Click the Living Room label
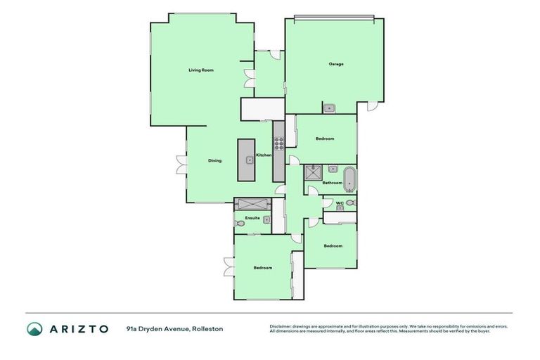click(200, 70)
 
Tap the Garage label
click(336, 64)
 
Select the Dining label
click(214, 160)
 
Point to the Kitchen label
click(263, 155)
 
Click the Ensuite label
click(252, 218)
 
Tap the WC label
click(339, 204)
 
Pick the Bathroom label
click(332, 183)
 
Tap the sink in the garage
click(329, 108)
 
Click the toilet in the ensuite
click(241, 224)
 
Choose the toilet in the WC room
click(350, 203)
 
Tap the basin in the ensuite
click(266, 219)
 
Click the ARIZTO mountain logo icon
click(35, 328)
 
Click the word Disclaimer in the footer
click(282, 326)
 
